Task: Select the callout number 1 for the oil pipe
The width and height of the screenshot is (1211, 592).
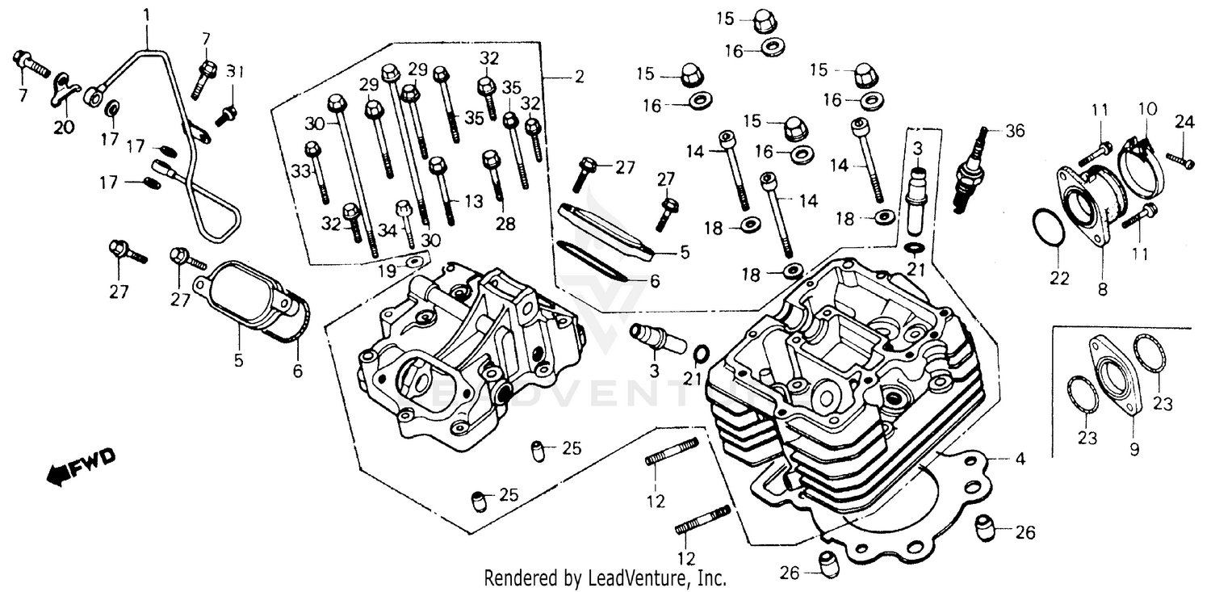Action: point(146,15)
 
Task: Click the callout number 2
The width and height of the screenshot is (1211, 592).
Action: point(579,78)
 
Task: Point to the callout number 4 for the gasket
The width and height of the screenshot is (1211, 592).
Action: point(1020,460)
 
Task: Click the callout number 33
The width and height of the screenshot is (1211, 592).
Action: point(300,172)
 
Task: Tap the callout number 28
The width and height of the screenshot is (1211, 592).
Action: point(505,225)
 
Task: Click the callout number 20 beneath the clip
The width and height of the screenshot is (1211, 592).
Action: point(65,127)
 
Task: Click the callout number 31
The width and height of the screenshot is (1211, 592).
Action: point(234,71)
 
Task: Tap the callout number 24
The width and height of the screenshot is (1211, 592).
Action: point(1184,122)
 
